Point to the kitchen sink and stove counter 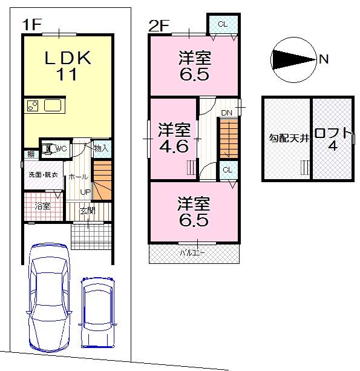[46, 107]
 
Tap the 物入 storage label [100, 148]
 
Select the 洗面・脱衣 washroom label [43, 176]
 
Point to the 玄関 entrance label [88, 211]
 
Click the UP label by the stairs [85, 192]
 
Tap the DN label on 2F [226, 113]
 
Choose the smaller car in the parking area [97, 312]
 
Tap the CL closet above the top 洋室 [222, 24]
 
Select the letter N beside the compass [324, 59]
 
